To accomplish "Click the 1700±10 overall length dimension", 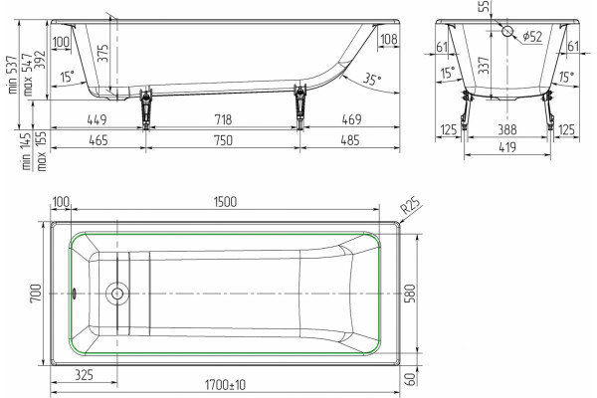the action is point(226,385).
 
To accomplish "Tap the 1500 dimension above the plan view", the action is point(226,201).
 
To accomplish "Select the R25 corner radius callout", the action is point(412,206).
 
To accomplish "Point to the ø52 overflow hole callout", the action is point(532,37).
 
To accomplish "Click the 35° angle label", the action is point(371,79).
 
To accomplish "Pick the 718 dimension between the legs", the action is point(223,119).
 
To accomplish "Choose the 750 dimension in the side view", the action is point(223,140).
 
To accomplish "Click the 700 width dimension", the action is point(36,294).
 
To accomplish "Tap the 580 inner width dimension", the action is point(411,294).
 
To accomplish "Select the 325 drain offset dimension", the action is point(84,375).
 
